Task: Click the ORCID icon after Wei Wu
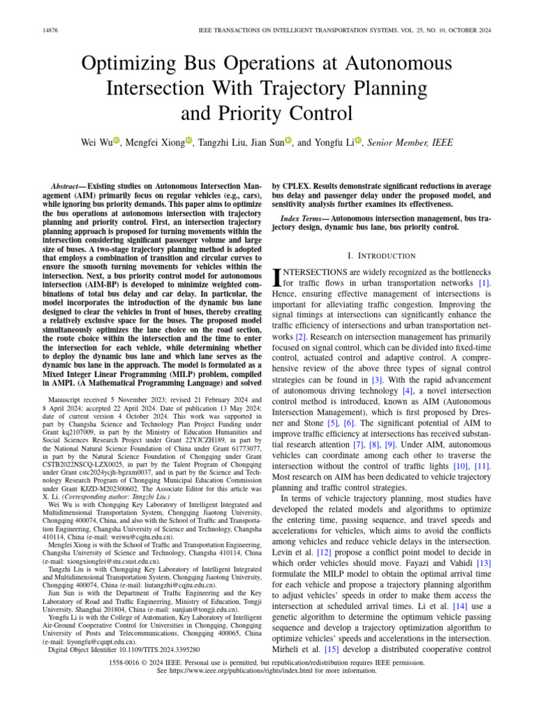point(117,142)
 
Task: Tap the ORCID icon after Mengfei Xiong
point(188,142)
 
